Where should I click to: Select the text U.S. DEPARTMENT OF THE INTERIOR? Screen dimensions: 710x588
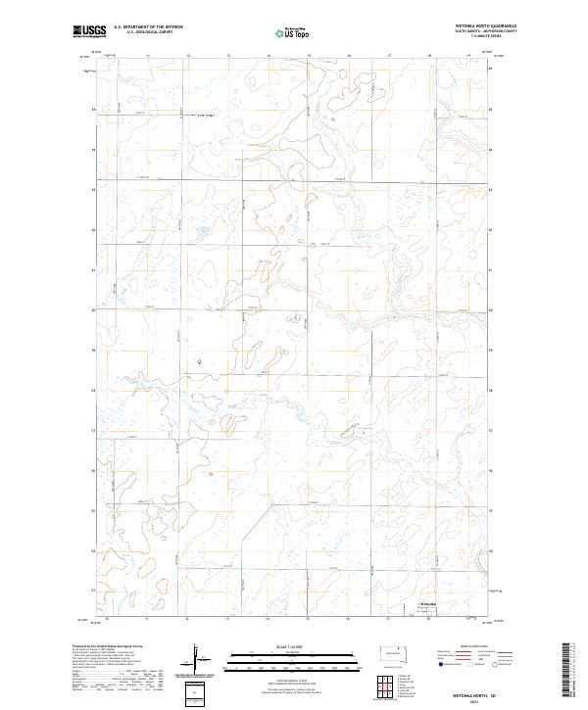(148, 27)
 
